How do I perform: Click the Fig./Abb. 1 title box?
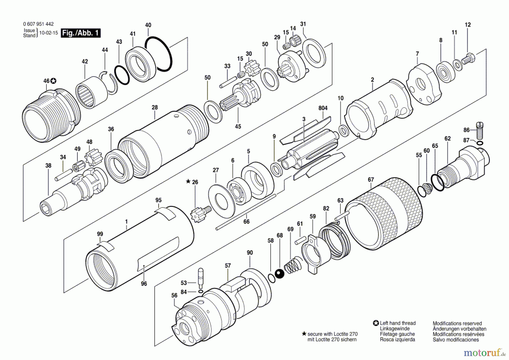click(x=81, y=33)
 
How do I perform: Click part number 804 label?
click(x=323, y=108)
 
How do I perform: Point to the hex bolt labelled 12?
click(x=468, y=59)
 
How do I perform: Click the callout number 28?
click(x=155, y=108)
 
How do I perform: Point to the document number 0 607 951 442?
click(x=38, y=24)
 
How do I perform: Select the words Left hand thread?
click(x=398, y=323)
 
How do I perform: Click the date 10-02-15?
click(x=48, y=33)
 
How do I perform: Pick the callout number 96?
click(x=144, y=284)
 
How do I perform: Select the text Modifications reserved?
click(x=457, y=323)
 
